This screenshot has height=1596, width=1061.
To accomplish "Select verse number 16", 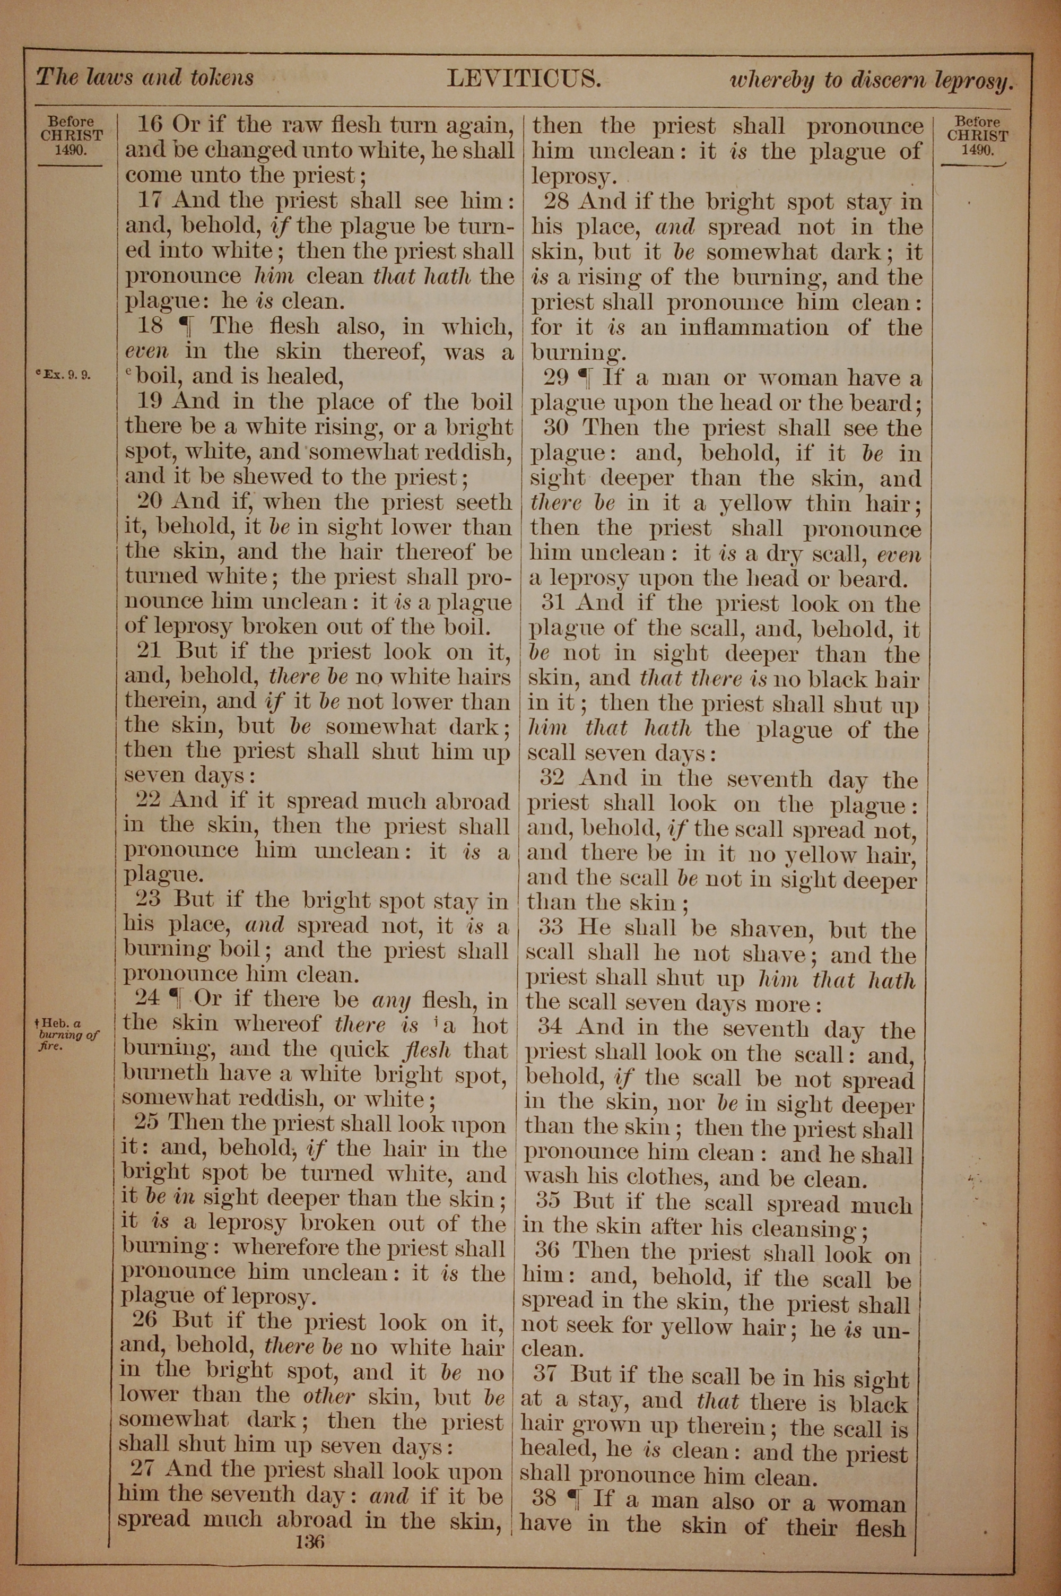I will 150,125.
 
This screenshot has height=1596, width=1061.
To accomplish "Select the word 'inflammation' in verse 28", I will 753,328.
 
